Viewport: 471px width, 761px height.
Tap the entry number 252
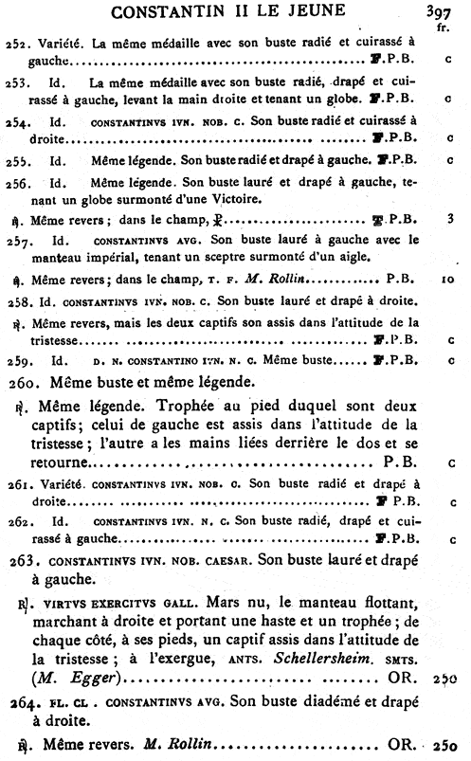(x=16, y=43)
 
